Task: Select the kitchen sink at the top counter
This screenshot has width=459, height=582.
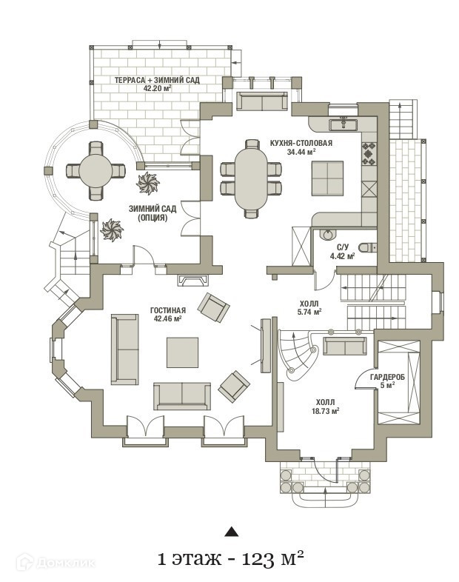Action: click(343, 123)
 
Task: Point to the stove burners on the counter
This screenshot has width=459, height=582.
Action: click(368, 153)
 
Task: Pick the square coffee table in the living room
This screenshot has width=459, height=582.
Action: click(182, 352)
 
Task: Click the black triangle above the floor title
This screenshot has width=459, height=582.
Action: click(232, 531)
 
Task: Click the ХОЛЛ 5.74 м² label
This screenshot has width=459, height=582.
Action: click(310, 308)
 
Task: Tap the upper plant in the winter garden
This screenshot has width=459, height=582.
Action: click(148, 182)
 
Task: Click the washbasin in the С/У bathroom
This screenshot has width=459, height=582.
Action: click(327, 236)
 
